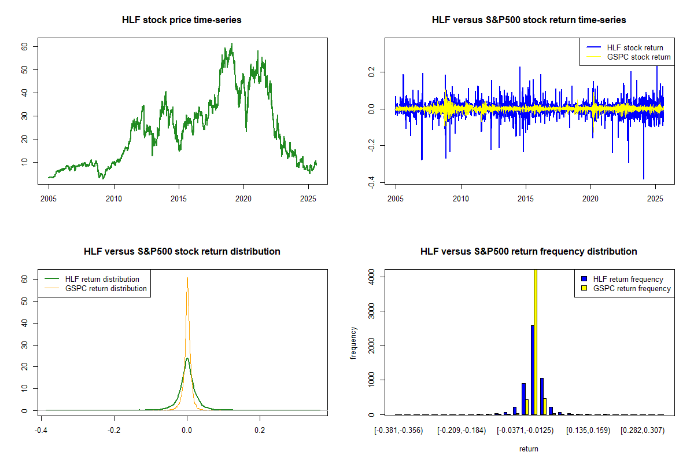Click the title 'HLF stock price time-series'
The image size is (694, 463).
(x=182, y=20)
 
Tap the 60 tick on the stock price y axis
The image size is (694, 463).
(x=25, y=46)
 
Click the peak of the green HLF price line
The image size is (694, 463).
(x=232, y=43)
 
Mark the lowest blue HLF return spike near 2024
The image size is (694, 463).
(x=643, y=178)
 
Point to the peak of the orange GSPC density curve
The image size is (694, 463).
(x=187, y=278)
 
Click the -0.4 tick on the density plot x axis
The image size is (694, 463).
(x=41, y=431)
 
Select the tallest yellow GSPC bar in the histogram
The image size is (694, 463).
(x=536, y=341)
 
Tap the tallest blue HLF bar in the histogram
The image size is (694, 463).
(x=531, y=370)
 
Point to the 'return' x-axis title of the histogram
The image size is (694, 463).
(x=529, y=449)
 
